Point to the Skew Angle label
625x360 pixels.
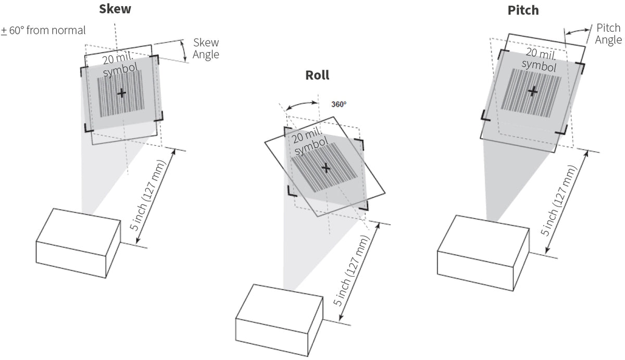pyautogui.click(x=206, y=48)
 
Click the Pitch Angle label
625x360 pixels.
pyautogui.click(x=608, y=34)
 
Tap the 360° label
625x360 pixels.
pyautogui.click(x=339, y=104)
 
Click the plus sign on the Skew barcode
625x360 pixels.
pyautogui.click(x=121, y=93)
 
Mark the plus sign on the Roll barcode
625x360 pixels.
pyautogui.click(x=326, y=168)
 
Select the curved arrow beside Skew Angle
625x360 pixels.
pyautogui.click(x=183, y=51)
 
